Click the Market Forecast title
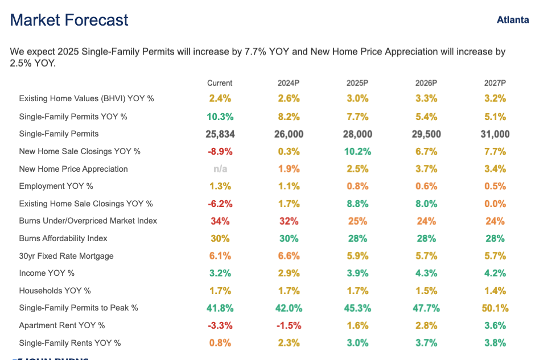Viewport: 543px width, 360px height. pos(69,20)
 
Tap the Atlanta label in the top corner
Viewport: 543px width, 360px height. pos(512,20)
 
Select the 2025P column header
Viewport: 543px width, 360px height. pos(357,83)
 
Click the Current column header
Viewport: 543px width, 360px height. pos(220,83)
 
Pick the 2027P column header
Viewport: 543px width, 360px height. pos(495,83)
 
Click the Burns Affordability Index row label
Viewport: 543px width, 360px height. pos(63,238)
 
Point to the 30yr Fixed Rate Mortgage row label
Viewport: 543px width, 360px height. pos(66,256)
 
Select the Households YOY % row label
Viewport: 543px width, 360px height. pos(55,291)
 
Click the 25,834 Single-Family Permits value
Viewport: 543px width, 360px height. pos(220,134)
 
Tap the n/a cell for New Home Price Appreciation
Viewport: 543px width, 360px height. pos(220,169)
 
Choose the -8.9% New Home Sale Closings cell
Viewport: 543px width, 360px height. pos(220,151)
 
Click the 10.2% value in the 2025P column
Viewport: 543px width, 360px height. pos(357,151)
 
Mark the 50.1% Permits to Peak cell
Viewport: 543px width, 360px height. pos(495,308)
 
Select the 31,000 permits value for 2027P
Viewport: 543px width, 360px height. pos(495,134)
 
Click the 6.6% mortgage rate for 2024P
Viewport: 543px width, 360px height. pos(289,256)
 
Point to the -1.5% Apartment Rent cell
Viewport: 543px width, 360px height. pos(289,325)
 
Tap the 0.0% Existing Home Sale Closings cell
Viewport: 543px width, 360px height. pos(495,204)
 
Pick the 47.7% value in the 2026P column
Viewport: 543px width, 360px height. pos(426,308)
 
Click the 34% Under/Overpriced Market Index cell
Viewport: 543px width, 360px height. pos(220,221)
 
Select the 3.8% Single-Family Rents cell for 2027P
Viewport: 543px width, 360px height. pos(495,343)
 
